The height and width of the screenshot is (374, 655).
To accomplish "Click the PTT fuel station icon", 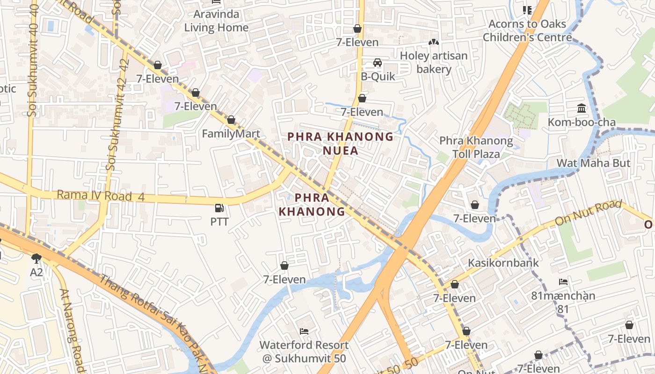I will (218, 208).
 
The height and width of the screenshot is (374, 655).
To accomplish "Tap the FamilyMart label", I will (231, 134).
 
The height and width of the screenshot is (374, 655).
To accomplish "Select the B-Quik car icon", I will (378, 63).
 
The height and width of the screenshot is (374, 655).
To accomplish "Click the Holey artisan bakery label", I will (434, 63).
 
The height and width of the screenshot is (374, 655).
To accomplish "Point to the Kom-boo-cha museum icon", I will (582, 108).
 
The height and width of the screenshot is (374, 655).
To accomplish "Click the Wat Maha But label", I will (593, 163).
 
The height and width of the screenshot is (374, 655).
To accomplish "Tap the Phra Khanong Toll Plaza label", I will (476, 147).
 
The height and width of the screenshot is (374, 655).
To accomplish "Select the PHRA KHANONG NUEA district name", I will (340, 144).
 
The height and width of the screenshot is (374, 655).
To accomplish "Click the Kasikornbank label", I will (503, 263).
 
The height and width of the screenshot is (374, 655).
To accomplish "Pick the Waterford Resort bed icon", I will (304, 331).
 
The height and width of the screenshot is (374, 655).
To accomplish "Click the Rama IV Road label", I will (95, 195).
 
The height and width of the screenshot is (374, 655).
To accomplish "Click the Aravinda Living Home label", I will (216, 21).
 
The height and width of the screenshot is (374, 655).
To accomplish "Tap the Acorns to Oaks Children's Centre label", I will (527, 30).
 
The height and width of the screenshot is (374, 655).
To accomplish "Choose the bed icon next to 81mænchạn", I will (563, 282).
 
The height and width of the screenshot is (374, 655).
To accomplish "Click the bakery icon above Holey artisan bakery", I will (434, 43).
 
